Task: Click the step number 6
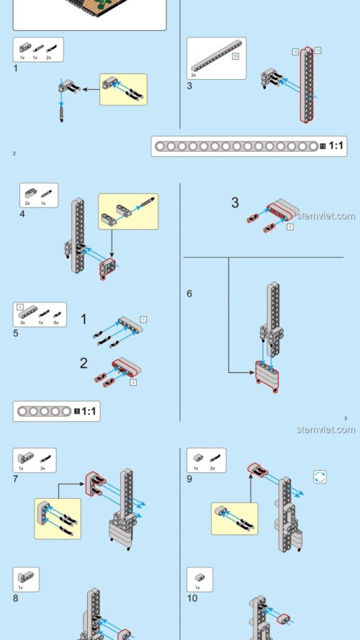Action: coord(189,294)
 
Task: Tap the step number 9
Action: coord(189,478)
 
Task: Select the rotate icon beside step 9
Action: coord(320,477)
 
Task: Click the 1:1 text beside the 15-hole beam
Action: coord(336,146)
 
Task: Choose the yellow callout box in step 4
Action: coord(128,211)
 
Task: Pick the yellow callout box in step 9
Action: coord(234,518)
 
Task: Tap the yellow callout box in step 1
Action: coord(122,89)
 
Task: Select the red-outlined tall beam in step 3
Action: coord(307,84)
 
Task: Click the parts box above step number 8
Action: coord(26,579)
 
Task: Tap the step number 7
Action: coord(16,478)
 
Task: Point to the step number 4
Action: coord(23,213)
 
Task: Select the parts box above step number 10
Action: coord(199,579)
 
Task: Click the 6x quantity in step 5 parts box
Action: coord(55,323)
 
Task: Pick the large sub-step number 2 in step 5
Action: coord(84,363)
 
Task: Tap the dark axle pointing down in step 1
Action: coord(62,114)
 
